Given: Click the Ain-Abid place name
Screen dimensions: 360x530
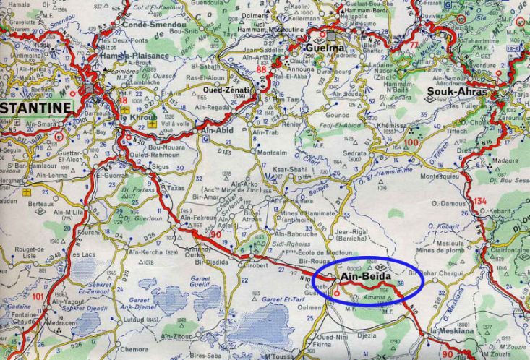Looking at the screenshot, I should point(217,131).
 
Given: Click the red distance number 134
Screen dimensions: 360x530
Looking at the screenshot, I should point(481,200).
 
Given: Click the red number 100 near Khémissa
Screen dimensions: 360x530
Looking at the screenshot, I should point(412,142).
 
